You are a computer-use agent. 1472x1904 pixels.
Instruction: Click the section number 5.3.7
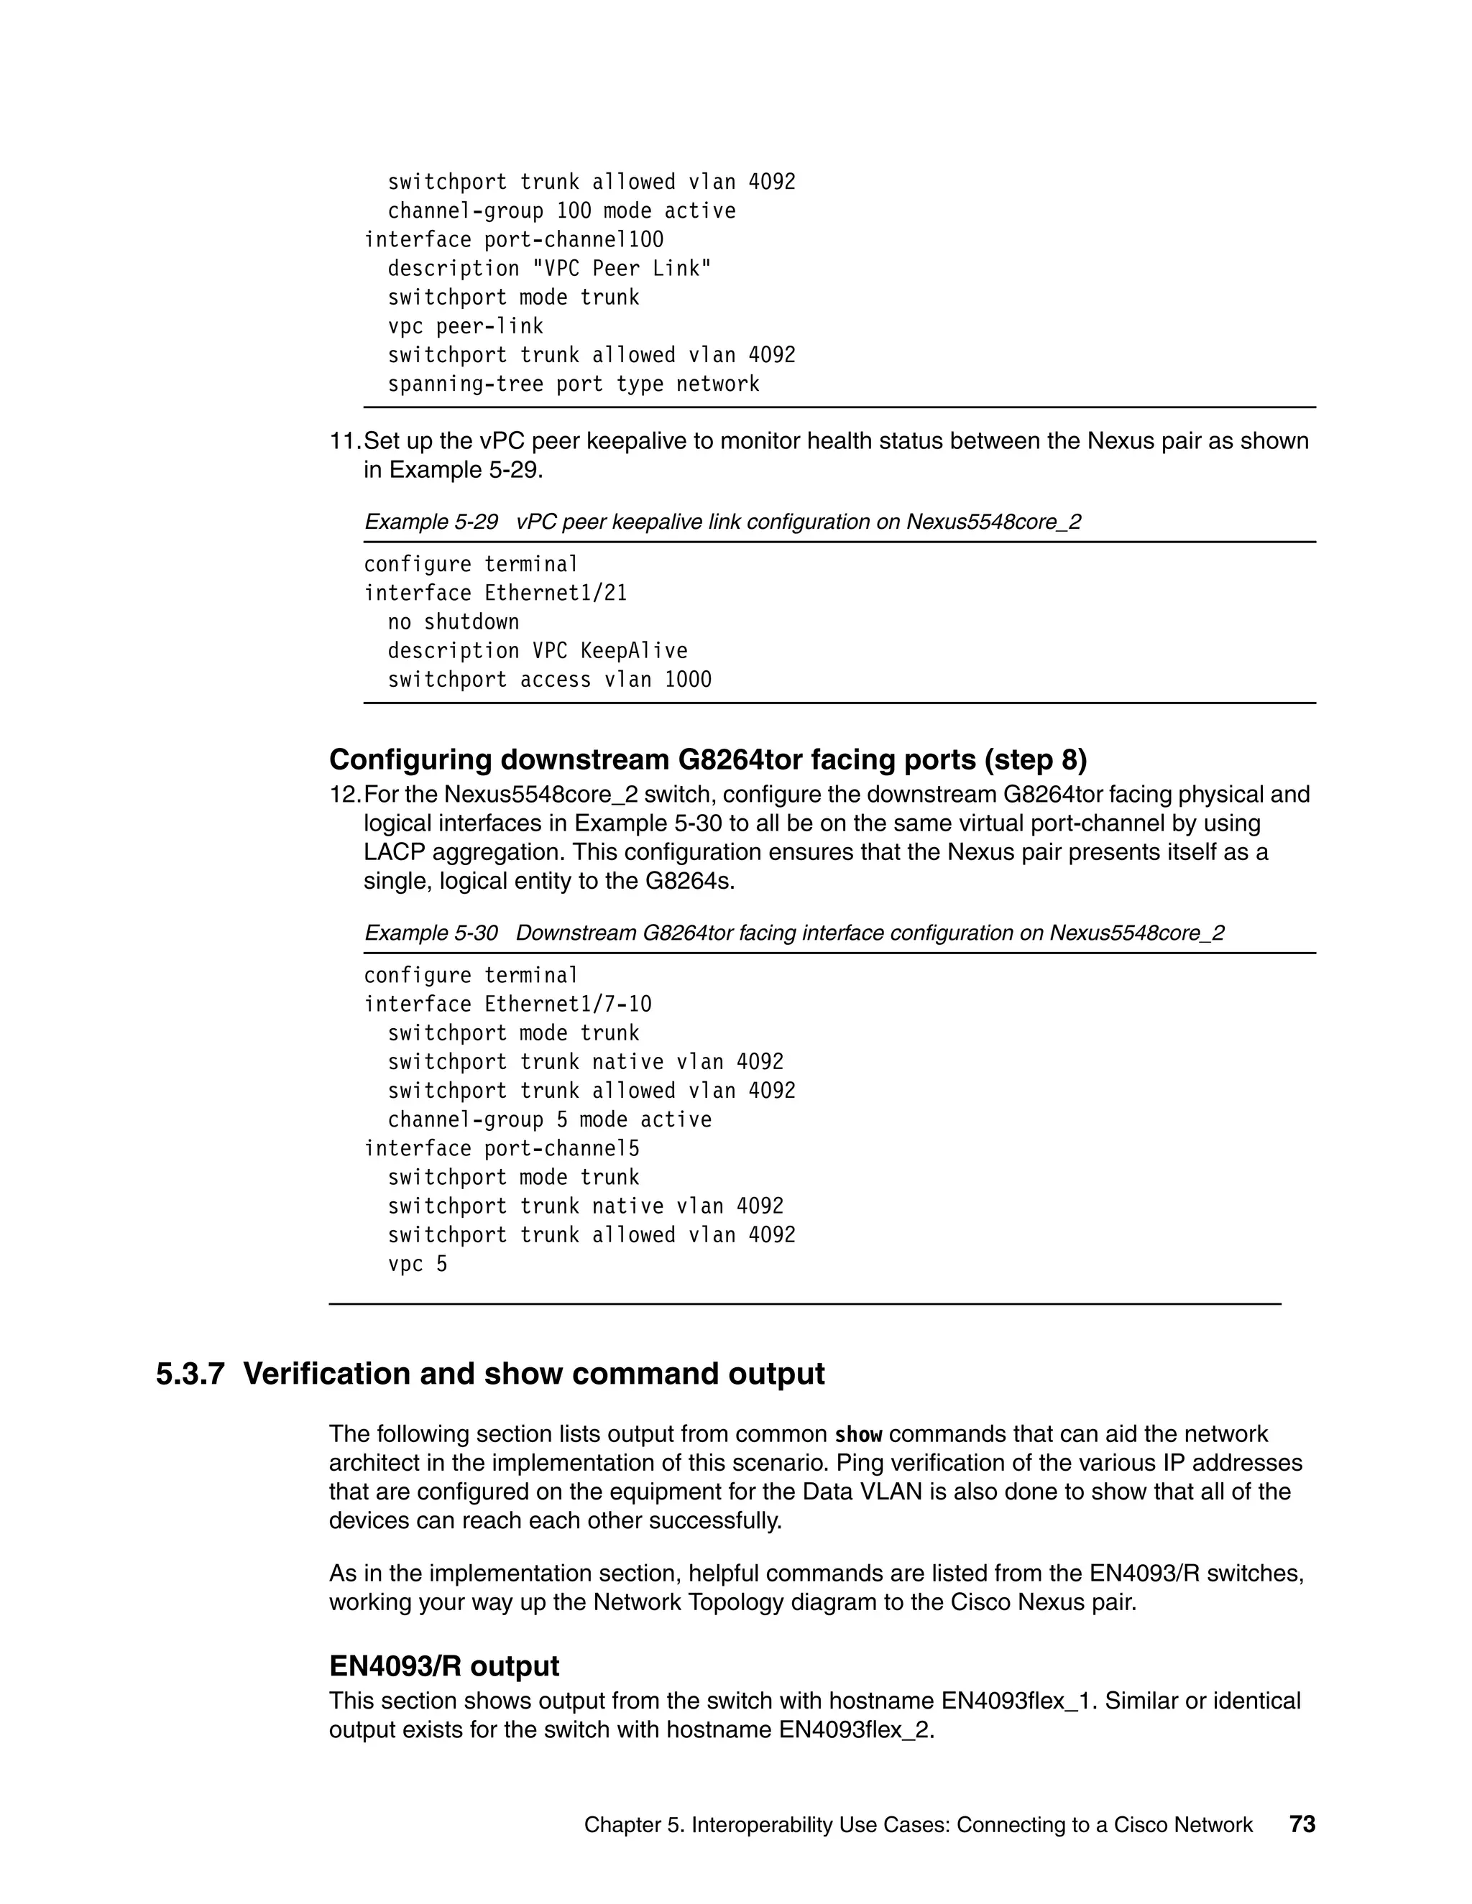click(x=190, y=1374)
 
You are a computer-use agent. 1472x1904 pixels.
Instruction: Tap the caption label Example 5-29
click(x=431, y=522)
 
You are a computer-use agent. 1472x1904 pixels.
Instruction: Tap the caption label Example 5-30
click(x=431, y=934)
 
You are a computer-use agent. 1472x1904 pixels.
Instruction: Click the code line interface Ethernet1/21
click(x=495, y=593)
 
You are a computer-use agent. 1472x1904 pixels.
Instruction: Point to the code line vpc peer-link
click(x=465, y=327)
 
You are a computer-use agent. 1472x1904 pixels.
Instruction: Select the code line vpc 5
click(x=417, y=1264)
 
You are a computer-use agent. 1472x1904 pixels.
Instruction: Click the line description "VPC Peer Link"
click(x=549, y=269)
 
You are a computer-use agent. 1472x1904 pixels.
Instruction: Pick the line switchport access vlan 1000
click(x=549, y=680)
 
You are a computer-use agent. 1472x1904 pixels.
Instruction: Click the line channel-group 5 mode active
click(x=549, y=1120)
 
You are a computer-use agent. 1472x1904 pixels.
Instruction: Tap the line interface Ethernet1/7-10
click(x=507, y=1005)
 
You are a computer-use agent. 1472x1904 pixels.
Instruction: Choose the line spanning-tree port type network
click(x=573, y=384)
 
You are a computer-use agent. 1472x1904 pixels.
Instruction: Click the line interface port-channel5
click(x=502, y=1149)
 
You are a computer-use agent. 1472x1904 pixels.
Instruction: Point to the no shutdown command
click(x=454, y=622)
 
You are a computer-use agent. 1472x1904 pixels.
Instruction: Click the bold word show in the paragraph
click(x=859, y=1435)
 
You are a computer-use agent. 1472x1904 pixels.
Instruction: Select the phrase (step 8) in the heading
click(x=1035, y=760)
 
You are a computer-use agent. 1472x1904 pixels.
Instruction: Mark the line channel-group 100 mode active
click(x=561, y=211)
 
